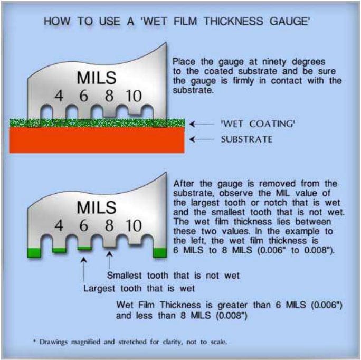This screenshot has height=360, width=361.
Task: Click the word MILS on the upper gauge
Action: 96,78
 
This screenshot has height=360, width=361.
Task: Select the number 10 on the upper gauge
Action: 134,96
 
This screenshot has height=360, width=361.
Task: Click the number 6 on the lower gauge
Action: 83,226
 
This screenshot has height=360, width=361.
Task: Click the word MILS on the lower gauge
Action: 96,207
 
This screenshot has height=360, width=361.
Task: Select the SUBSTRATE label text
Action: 246,140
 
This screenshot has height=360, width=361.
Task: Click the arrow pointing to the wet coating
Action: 199,124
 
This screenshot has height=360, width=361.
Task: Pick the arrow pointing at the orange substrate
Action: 199,140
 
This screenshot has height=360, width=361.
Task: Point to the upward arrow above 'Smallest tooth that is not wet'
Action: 109,261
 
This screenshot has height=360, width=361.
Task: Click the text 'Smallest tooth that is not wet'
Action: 174,275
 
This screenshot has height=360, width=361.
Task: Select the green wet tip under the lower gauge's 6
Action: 84,248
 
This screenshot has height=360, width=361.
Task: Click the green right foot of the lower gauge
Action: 158,253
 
